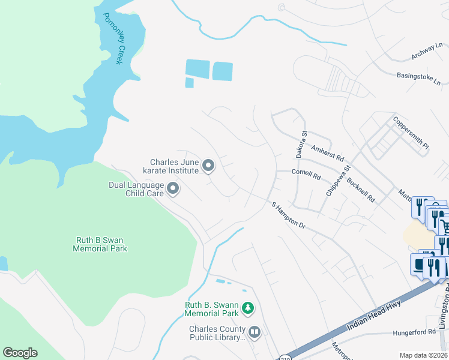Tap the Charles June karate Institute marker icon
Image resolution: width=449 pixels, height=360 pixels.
click(208, 165)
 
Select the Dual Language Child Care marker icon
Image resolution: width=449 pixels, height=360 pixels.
click(173, 190)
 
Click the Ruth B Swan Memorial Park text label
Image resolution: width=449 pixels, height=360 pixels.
click(101, 244)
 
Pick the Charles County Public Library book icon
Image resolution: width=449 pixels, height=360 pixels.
click(255, 332)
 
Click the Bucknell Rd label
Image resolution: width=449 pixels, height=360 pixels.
click(363, 189)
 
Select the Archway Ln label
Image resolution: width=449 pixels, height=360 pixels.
click(427, 52)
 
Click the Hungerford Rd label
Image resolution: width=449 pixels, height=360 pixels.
click(414, 332)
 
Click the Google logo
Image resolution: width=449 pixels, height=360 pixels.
click(20, 353)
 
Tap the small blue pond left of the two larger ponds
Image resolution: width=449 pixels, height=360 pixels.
click(189, 83)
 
